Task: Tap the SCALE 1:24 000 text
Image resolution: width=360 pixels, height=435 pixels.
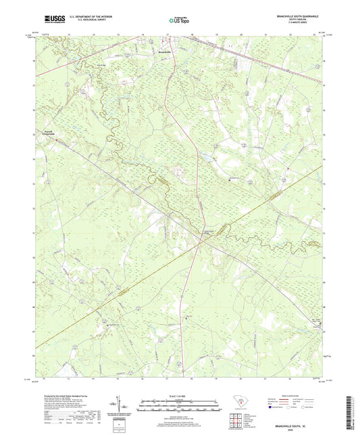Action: [x=179, y=395]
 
